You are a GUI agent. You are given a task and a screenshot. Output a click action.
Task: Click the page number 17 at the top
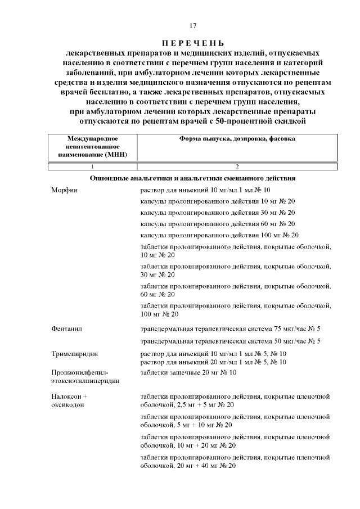(x=193, y=26)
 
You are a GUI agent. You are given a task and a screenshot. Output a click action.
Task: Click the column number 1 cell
(x=92, y=166)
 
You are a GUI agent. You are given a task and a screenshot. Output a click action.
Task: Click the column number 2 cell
(x=237, y=166)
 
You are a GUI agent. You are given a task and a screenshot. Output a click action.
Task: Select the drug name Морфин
(x=62, y=190)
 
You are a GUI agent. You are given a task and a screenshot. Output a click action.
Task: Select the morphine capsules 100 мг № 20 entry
(x=219, y=235)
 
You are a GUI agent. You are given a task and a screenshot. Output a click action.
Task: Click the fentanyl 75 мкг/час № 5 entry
(x=230, y=328)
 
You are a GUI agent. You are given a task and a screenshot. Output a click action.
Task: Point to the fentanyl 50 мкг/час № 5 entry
(x=230, y=341)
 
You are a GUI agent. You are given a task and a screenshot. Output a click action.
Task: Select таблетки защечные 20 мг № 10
(x=188, y=372)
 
